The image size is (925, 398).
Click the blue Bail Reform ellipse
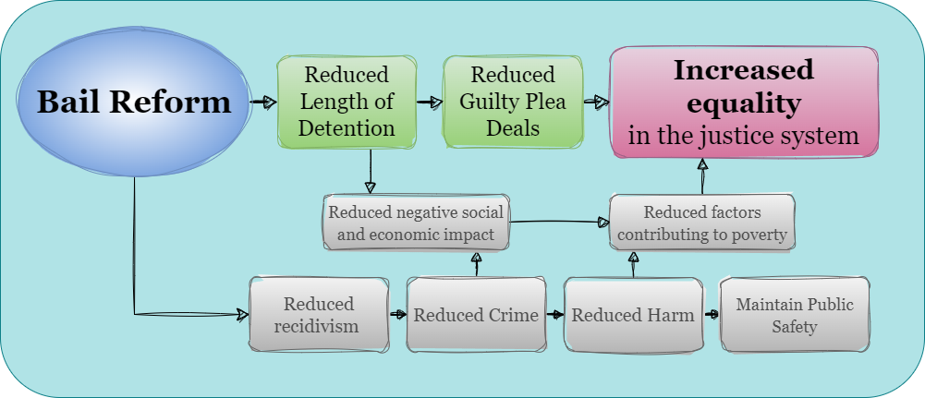pyautogui.click(x=134, y=102)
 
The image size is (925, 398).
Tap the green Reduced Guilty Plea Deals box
pyautogui.click(x=513, y=102)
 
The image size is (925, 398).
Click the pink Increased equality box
pyautogui.click(x=743, y=102)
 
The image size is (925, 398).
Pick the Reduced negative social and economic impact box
pyautogui.click(x=415, y=223)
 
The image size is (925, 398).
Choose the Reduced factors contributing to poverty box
pyautogui.click(x=702, y=223)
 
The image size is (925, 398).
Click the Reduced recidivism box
pyautogui.click(x=318, y=315)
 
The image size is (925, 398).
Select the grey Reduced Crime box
pyautogui.click(x=475, y=315)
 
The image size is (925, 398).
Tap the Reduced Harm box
pyautogui.click(x=632, y=315)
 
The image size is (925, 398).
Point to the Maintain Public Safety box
pyautogui.click(x=794, y=315)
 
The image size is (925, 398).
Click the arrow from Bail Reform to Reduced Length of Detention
pyautogui.click(x=263, y=102)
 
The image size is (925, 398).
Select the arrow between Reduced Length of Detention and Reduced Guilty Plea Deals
pyautogui.click(x=430, y=102)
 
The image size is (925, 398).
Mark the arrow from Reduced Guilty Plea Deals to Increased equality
pyautogui.click(x=596, y=102)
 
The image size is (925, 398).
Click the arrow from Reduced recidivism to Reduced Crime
pyautogui.click(x=397, y=315)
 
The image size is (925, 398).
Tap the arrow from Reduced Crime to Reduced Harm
pyautogui.click(x=554, y=315)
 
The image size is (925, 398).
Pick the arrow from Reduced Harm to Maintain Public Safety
pyautogui.click(x=712, y=315)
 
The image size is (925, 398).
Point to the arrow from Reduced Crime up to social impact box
pyautogui.click(x=477, y=264)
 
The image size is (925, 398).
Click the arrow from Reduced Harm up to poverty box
pyautogui.click(x=633, y=264)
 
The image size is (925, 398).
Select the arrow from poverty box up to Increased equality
pyautogui.click(x=702, y=175)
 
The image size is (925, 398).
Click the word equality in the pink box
pyautogui.click(x=743, y=103)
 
